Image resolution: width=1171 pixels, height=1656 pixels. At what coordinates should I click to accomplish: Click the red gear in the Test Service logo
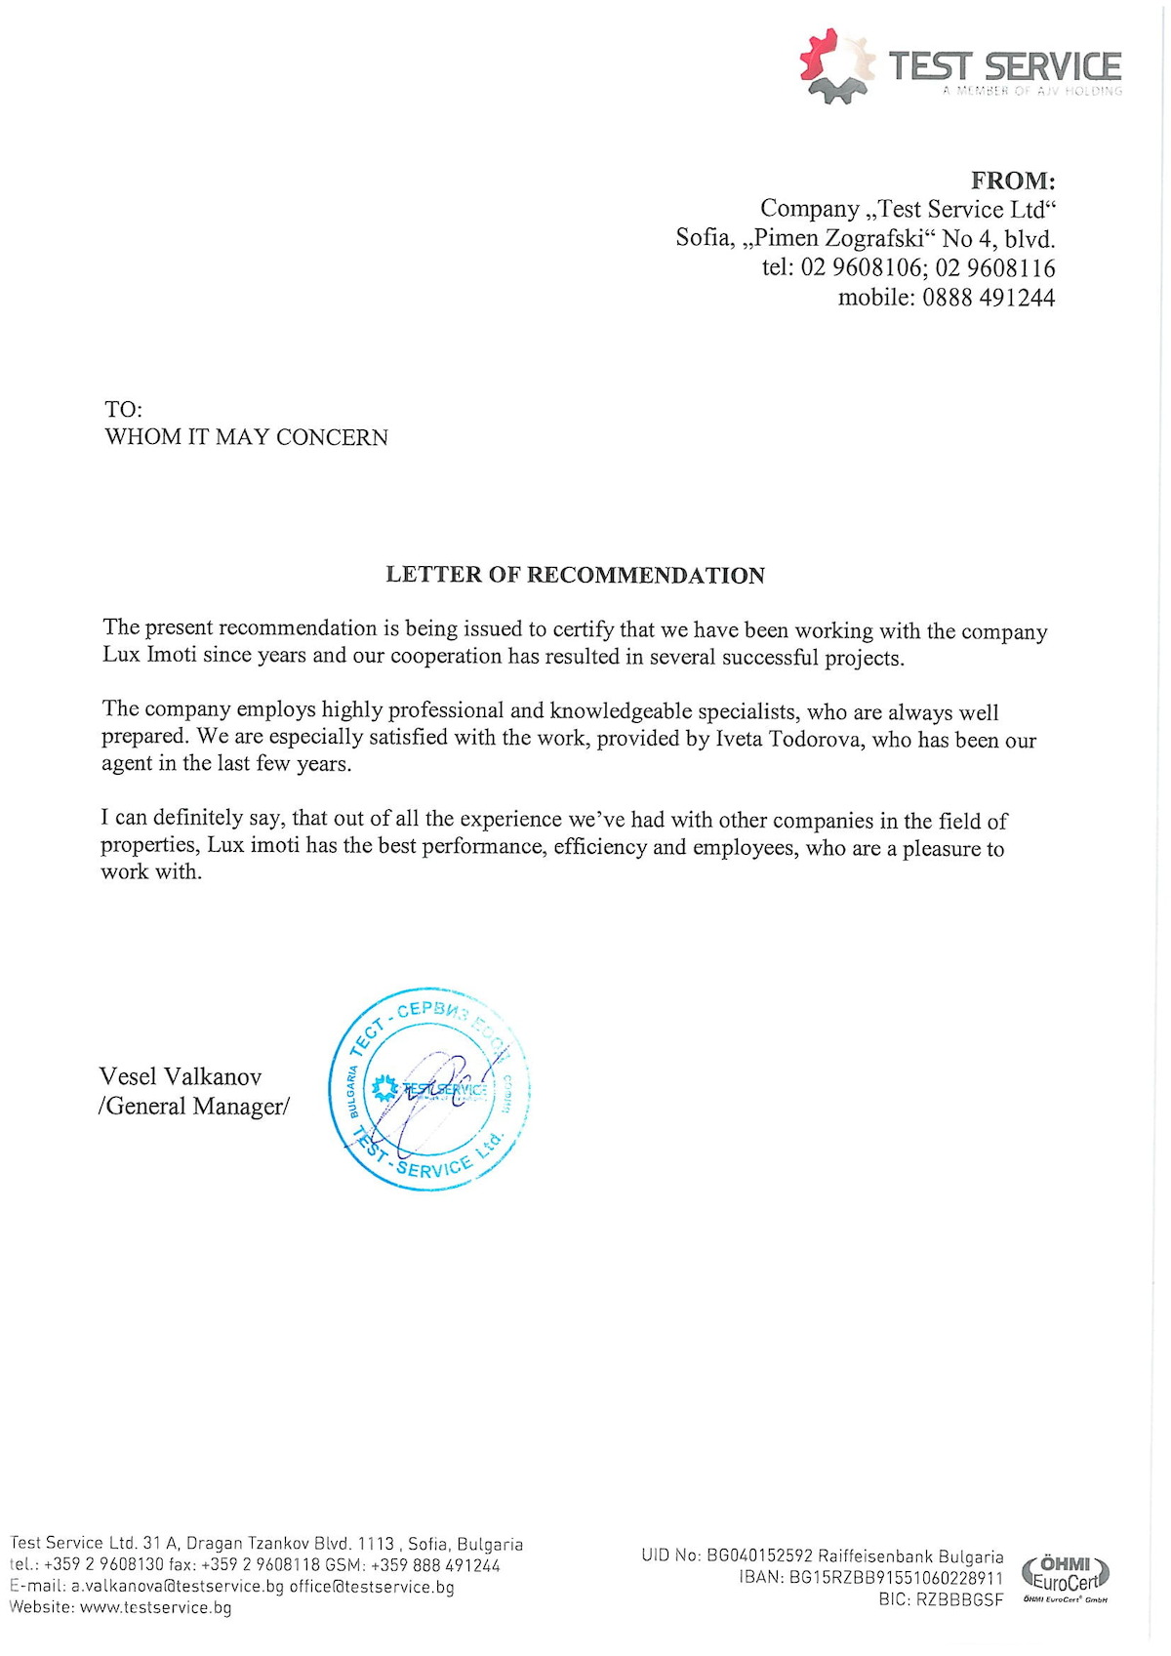click(x=818, y=53)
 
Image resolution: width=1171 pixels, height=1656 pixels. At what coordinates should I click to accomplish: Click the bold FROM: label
click(x=1013, y=181)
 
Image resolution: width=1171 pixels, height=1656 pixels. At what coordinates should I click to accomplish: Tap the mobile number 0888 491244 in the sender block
click(x=989, y=298)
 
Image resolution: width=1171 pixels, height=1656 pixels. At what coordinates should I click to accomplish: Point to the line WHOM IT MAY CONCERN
click(x=246, y=437)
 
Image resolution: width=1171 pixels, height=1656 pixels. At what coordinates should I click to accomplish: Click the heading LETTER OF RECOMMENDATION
click(x=575, y=575)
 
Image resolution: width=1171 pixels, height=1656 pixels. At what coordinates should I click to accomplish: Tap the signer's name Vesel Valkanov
click(x=181, y=1076)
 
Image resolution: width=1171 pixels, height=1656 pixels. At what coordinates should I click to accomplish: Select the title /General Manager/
click(x=193, y=1106)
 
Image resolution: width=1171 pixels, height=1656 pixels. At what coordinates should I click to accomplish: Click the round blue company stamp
click(x=430, y=1089)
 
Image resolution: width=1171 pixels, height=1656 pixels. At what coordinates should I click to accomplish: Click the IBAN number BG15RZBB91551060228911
click(x=896, y=1578)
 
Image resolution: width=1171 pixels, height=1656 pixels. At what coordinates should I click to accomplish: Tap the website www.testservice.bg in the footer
click(x=155, y=1607)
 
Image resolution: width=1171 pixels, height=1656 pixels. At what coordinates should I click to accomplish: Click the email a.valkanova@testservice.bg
click(x=177, y=1587)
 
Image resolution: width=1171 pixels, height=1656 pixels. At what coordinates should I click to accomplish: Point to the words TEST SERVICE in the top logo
click(x=1004, y=66)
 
